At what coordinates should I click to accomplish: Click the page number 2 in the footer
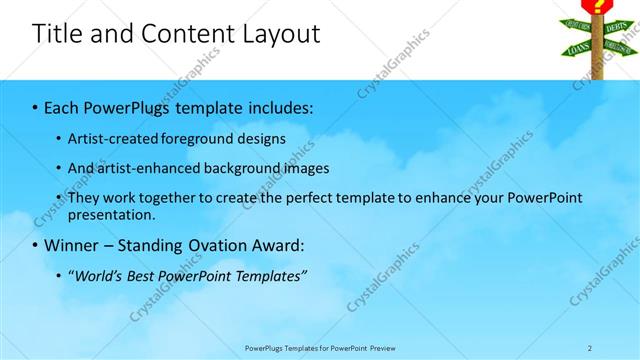[x=589, y=348]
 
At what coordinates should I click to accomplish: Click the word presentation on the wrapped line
[x=111, y=214]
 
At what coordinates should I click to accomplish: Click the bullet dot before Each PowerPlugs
[x=36, y=107]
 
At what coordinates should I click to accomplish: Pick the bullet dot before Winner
[x=36, y=245]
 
